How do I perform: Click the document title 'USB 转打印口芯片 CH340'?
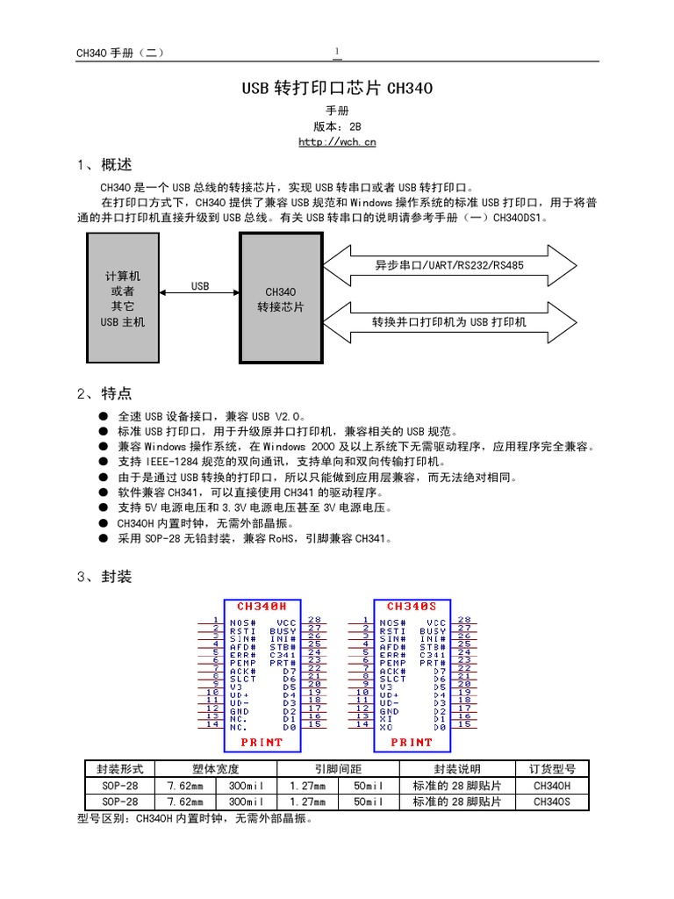coord(337,89)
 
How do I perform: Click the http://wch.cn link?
coord(337,142)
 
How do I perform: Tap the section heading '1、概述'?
coord(104,165)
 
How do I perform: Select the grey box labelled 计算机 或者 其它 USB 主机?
coord(123,298)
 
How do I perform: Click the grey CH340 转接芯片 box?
coord(280,298)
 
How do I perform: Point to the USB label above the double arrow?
coord(200,286)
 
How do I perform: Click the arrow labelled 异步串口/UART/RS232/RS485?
coord(450,265)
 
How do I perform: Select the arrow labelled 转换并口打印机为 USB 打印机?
coord(450,322)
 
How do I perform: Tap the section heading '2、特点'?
coord(104,393)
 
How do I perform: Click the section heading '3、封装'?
coord(104,577)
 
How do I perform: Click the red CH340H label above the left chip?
coord(262,607)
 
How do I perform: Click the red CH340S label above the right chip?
coord(412,607)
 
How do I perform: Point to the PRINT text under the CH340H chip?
coord(262,742)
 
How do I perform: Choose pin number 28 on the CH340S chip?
coord(465,620)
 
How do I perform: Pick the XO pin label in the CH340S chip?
coord(386,727)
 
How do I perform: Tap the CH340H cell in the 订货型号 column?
coord(552,786)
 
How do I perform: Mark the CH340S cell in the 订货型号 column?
coord(552,802)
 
